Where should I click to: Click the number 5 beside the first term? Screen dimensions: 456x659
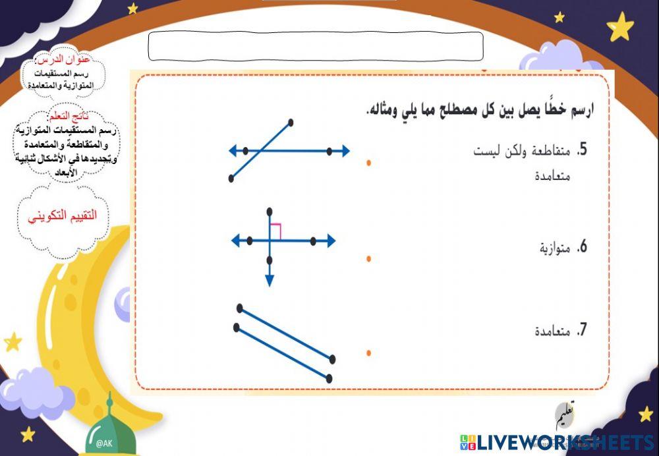click(582, 151)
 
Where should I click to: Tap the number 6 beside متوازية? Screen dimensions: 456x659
click(582, 248)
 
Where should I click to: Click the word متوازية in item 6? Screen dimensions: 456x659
click(554, 248)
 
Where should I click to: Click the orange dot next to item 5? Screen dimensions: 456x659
click(368, 162)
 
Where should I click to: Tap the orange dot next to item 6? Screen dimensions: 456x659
click(368, 258)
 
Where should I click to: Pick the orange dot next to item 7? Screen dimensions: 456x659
click(368, 353)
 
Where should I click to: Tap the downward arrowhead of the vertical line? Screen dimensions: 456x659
click(270, 281)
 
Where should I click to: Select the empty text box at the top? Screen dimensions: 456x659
click(316, 46)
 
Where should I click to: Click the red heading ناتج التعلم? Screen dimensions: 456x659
click(69, 116)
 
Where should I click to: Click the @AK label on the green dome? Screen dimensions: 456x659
click(105, 443)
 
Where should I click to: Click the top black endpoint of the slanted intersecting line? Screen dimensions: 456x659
click(291, 122)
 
